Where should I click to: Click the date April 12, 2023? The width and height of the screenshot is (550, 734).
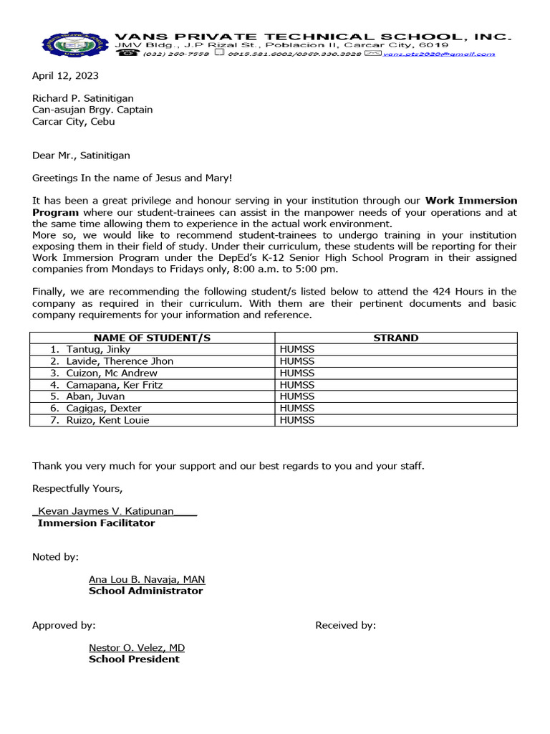[65, 75]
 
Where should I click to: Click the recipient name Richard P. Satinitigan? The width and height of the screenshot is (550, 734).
[82, 98]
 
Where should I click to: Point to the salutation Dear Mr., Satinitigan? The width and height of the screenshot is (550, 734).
[81, 155]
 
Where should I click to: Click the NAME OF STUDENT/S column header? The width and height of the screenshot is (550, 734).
[152, 338]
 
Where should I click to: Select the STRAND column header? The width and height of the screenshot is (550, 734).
[395, 338]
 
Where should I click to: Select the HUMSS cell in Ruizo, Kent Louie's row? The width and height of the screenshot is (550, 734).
[297, 420]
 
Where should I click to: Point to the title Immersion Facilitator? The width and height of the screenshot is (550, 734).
[96, 523]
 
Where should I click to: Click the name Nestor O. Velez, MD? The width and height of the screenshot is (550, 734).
[136, 647]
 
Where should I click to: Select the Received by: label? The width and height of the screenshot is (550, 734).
[345, 625]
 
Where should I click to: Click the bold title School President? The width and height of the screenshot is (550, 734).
[134, 659]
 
